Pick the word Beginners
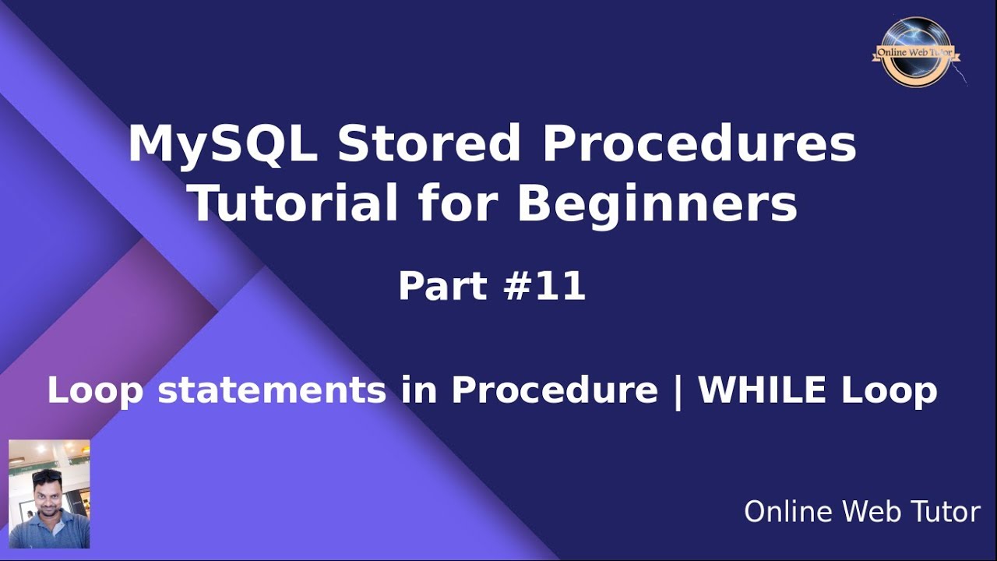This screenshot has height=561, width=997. pyautogui.click(x=657, y=204)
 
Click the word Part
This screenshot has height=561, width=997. pyautogui.click(x=440, y=287)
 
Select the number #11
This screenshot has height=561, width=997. pyautogui.click(x=545, y=287)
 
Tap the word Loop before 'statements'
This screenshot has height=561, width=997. pyautogui.click(x=95, y=390)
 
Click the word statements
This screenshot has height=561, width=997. pyautogui.click(x=272, y=390)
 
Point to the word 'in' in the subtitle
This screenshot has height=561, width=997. pyautogui.click(x=419, y=390)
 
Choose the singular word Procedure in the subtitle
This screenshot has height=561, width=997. pyautogui.click(x=555, y=390)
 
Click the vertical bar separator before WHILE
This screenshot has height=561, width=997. pyautogui.click(x=678, y=390)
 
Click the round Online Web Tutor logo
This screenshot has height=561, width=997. pyautogui.click(x=916, y=53)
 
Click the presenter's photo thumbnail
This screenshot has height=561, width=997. pyautogui.click(x=49, y=494)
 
